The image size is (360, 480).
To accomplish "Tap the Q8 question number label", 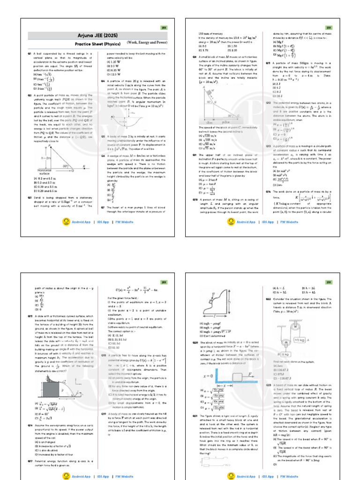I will coord(195,57).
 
